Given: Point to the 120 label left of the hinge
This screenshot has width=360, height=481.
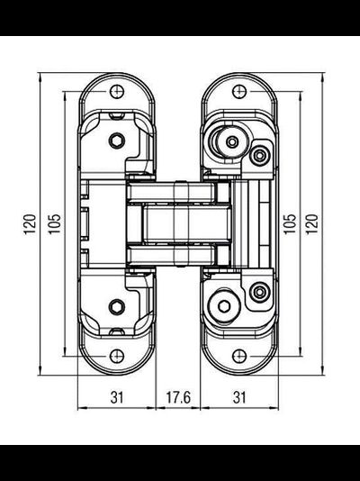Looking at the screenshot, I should (x=31, y=222).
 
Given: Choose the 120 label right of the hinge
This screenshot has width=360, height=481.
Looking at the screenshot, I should (x=313, y=222).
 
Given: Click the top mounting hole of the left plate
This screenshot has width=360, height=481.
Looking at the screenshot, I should (x=117, y=91).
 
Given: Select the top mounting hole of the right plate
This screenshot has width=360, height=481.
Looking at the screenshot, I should (x=240, y=91).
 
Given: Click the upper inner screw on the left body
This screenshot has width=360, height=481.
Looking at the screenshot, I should (x=116, y=139).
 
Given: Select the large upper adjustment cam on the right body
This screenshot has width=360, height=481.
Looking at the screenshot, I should (x=225, y=142).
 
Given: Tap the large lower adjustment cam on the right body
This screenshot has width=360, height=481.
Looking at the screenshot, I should (x=225, y=304).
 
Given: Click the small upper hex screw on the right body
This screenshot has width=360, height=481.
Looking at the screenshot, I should (x=260, y=156).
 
